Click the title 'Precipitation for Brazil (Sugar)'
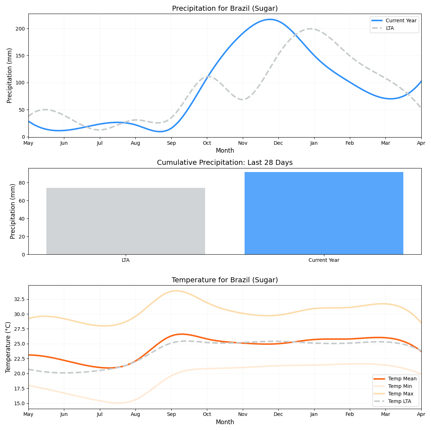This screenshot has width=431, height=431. (x=224, y=9)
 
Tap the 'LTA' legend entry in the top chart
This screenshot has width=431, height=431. (x=389, y=28)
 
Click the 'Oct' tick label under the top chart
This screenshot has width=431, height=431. (x=207, y=143)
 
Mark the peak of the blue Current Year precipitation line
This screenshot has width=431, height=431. (x=270, y=19)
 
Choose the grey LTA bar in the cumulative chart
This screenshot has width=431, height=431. (x=125, y=221)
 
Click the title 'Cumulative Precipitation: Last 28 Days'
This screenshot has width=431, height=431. (x=224, y=163)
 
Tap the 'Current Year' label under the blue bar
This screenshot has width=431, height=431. (x=324, y=260)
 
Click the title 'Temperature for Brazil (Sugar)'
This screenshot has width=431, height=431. (x=224, y=280)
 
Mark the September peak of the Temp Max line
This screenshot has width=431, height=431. (x=175, y=291)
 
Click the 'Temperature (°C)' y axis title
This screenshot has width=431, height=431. (x=8, y=347)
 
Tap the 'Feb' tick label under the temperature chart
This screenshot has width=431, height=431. (x=350, y=415)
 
